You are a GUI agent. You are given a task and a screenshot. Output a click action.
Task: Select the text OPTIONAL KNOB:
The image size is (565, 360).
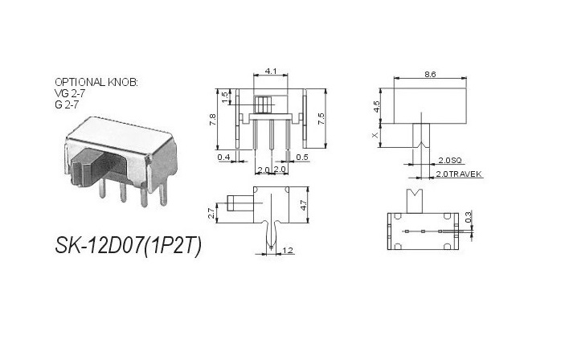pyautogui.click(x=96, y=83)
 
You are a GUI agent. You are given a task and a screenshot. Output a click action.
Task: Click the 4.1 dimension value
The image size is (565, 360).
pyautogui.click(x=271, y=72)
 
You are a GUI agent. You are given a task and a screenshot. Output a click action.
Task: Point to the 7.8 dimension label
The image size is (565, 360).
pyautogui.click(x=212, y=118)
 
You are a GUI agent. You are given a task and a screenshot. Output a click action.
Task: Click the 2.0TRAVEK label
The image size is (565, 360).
pyautogui.click(x=458, y=174)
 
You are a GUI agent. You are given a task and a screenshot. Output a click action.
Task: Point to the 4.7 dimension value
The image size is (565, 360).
pyautogui.click(x=303, y=205)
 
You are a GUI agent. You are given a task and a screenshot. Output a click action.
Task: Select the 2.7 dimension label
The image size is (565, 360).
pyautogui.click(x=211, y=213)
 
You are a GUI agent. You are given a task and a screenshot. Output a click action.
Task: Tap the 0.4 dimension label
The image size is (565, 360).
pyautogui.click(x=223, y=157)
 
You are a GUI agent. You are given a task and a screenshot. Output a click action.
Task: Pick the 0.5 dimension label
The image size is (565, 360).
pyautogui.click(x=302, y=157)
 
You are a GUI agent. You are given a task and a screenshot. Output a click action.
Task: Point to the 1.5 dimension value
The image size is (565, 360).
pyautogui.click(x=226, y=96)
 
